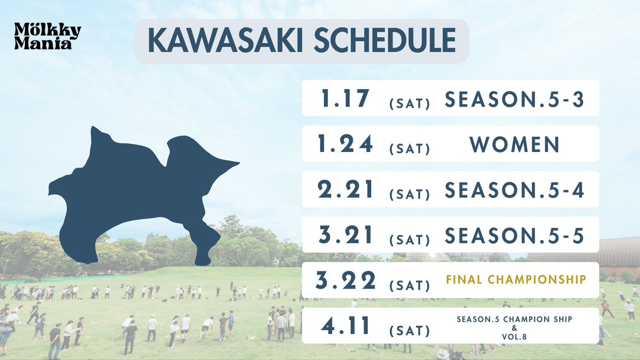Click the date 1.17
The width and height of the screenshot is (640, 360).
pos(345,99)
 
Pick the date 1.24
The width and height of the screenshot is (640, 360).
pos(345,145)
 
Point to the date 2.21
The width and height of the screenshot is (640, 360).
pos(345,190)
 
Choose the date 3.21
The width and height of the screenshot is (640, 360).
pos(345,235)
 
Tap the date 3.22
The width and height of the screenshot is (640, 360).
pos(345,281)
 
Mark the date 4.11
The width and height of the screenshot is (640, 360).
pos(345,326)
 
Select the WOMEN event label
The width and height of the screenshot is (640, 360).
pos(515,145)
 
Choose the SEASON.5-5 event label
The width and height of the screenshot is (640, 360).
pos(515,235)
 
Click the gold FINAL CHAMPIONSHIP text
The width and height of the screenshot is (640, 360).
pos(515,279)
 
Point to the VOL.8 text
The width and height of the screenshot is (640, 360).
pos(515,337)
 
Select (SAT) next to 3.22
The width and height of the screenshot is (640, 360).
pos(410,285)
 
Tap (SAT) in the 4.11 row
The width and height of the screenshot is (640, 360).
pos(410,331)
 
